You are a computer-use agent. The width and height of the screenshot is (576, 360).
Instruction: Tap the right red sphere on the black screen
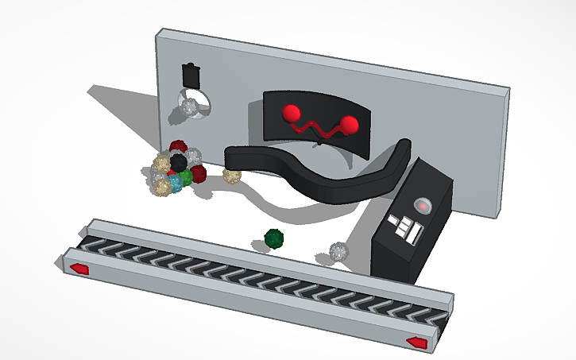point(348,124)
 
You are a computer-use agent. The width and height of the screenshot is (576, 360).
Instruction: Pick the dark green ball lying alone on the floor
point(274,238)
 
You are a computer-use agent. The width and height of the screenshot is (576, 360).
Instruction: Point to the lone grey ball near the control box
point(339,252)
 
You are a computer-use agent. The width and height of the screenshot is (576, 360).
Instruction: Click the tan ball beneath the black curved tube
point(232,175)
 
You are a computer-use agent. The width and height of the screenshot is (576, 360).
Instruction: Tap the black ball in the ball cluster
point(179,163)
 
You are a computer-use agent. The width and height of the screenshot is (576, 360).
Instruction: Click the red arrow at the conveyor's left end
point(79,269)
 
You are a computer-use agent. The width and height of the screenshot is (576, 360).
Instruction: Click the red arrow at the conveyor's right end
point(416,342)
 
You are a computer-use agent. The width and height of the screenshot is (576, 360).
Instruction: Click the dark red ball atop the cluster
point(178,148)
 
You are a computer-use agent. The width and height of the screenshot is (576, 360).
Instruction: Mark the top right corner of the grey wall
point(506,90)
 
